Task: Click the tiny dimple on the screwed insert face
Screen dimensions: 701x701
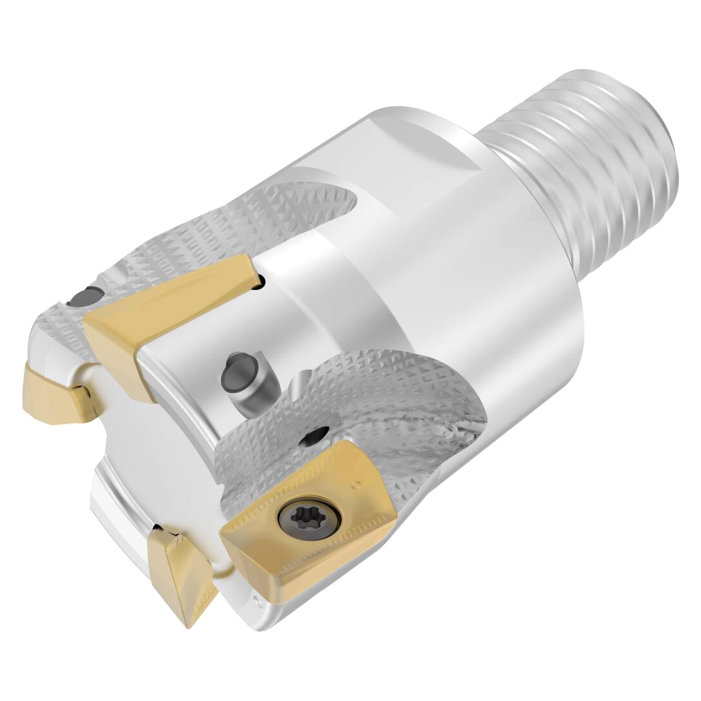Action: tap(356, 484)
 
